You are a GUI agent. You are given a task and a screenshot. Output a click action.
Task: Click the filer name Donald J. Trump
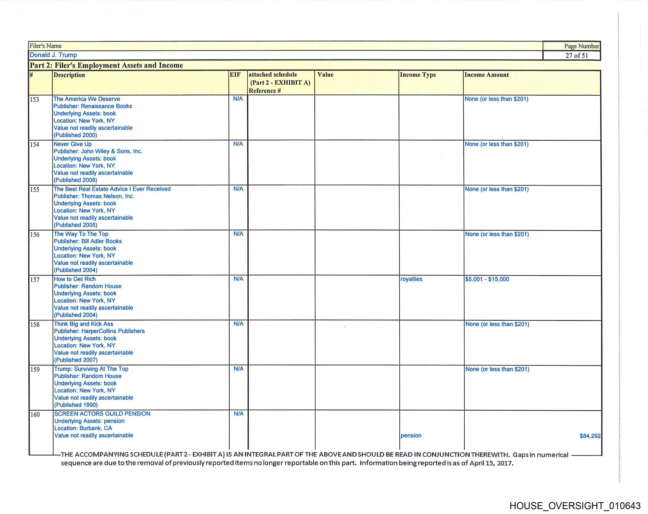[53, 55]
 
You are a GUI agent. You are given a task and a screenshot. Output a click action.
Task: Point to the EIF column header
[235, 75]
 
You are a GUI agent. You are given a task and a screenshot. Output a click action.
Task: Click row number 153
[35, 100]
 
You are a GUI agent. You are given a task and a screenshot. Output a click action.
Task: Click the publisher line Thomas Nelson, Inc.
[94, 196]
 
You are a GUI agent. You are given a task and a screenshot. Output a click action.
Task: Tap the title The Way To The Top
[81, 234]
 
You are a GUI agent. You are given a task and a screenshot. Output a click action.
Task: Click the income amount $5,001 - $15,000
[487, 279]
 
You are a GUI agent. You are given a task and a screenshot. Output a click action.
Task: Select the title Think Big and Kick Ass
[84, 324]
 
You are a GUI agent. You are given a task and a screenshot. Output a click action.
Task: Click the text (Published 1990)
[76, 405]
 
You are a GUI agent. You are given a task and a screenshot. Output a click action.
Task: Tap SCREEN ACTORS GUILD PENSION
[102, 414]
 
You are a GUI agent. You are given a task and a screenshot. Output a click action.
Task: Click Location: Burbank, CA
[83, 428]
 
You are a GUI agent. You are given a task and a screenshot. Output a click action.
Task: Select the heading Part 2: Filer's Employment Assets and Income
[106, 65]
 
